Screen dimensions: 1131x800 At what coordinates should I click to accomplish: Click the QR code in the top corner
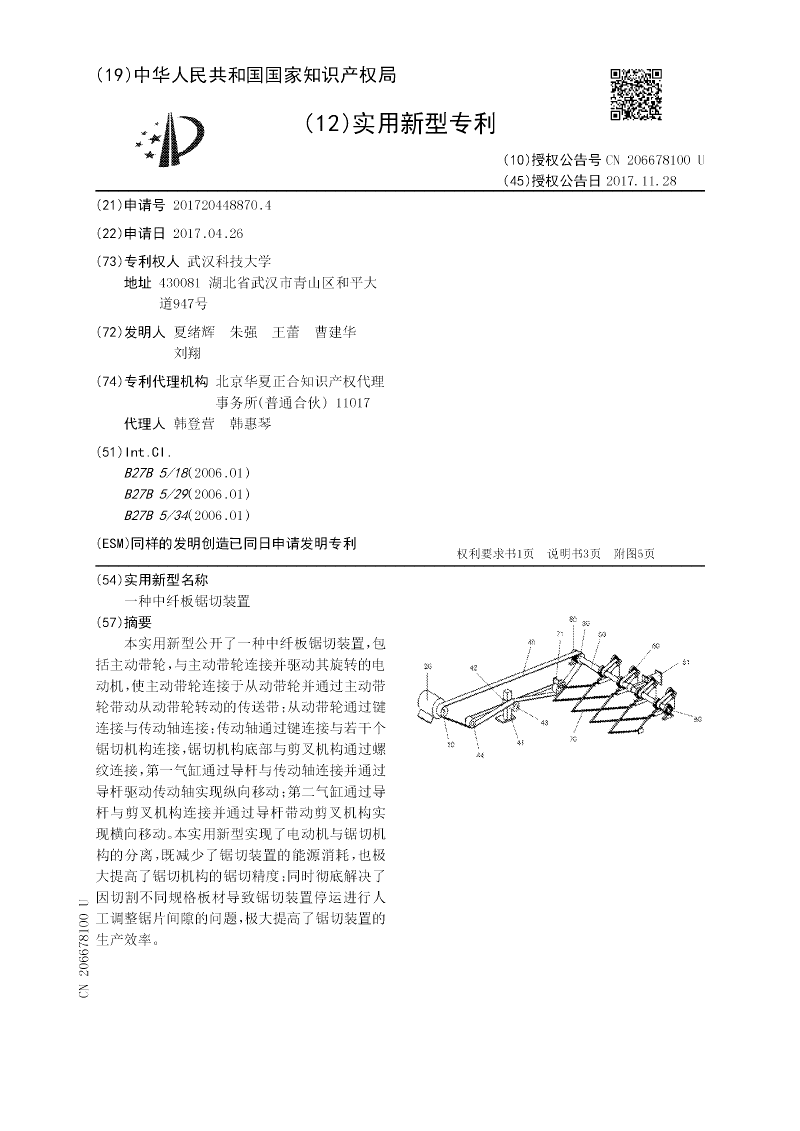(636, 94)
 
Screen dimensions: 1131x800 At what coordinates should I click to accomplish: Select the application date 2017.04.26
(207, 233)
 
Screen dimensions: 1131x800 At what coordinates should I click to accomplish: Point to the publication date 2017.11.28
(641, 181)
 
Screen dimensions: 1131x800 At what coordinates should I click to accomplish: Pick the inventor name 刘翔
(187, 352)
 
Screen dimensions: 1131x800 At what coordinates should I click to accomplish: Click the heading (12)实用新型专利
(400, 124)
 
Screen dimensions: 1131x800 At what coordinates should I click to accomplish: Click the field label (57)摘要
(131, 622)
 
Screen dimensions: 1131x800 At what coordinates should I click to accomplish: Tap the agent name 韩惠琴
(250, 424)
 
